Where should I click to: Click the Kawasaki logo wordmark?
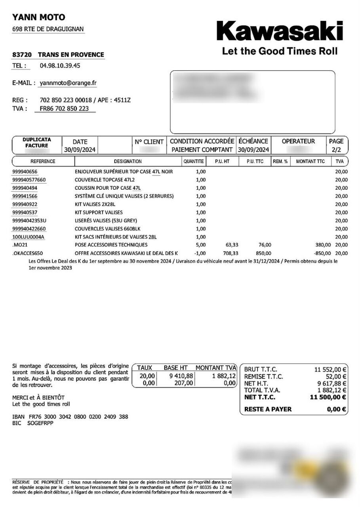click(279, 30)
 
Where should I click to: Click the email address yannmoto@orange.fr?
click(68, 83)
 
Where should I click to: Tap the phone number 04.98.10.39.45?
click(60, 66)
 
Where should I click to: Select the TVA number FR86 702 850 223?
click(64, 109)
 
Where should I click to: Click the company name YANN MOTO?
click(39, 17)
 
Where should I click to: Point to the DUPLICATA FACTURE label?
click(37, 143)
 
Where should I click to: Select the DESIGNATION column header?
click(128, 161)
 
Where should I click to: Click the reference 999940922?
click(25, 204)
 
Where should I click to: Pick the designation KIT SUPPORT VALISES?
click(99, 213)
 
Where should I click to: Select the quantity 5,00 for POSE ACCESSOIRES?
click(201, 245)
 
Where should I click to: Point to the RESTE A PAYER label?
click(268, 409)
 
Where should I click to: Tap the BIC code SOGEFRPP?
click(40, 423)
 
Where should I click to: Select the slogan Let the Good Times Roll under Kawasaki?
click(280, 51)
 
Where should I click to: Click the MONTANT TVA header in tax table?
click(216, 368)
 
